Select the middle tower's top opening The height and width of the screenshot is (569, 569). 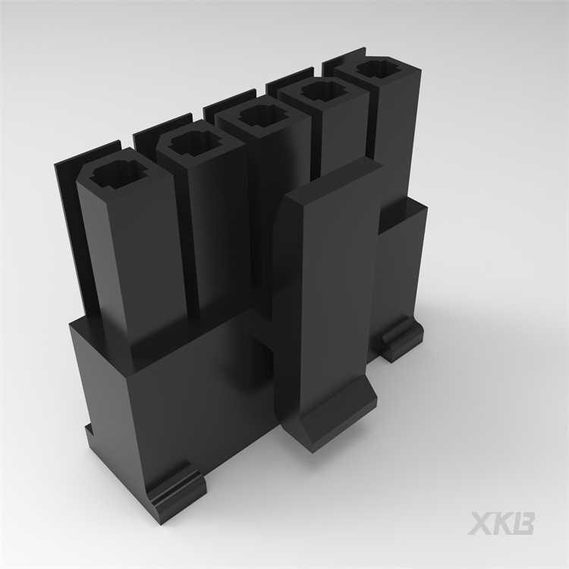[258, 116]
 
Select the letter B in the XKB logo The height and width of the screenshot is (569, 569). [524, 523]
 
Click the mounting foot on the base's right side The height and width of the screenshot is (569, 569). [401, 338]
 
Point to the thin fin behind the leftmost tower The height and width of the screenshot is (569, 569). [64, 197]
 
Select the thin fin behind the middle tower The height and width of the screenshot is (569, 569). [220, 103]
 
